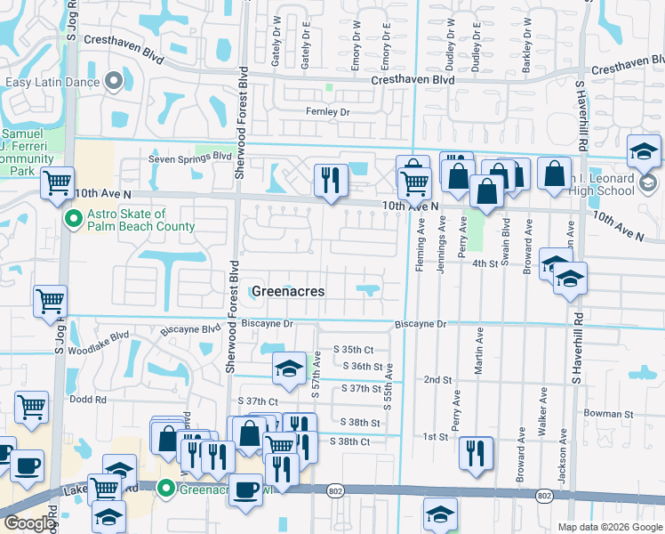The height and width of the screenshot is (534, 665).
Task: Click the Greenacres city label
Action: point(287,291)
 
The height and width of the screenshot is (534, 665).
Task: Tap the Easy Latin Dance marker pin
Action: point(113,82)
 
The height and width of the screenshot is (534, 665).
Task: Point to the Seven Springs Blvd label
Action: point(189,156)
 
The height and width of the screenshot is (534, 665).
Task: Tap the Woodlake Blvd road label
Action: point(103,337)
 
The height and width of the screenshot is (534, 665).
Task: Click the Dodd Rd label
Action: point(88,400)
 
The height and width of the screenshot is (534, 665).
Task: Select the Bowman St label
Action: point(609,414)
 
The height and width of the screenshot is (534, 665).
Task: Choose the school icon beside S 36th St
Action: point(289,370)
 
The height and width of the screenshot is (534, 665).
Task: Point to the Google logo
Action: point(29,523)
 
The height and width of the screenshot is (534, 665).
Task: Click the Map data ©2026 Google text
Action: point(609,527)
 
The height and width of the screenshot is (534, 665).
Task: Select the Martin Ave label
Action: point(479,350)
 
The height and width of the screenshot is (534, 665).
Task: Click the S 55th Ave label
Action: point(388,389)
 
